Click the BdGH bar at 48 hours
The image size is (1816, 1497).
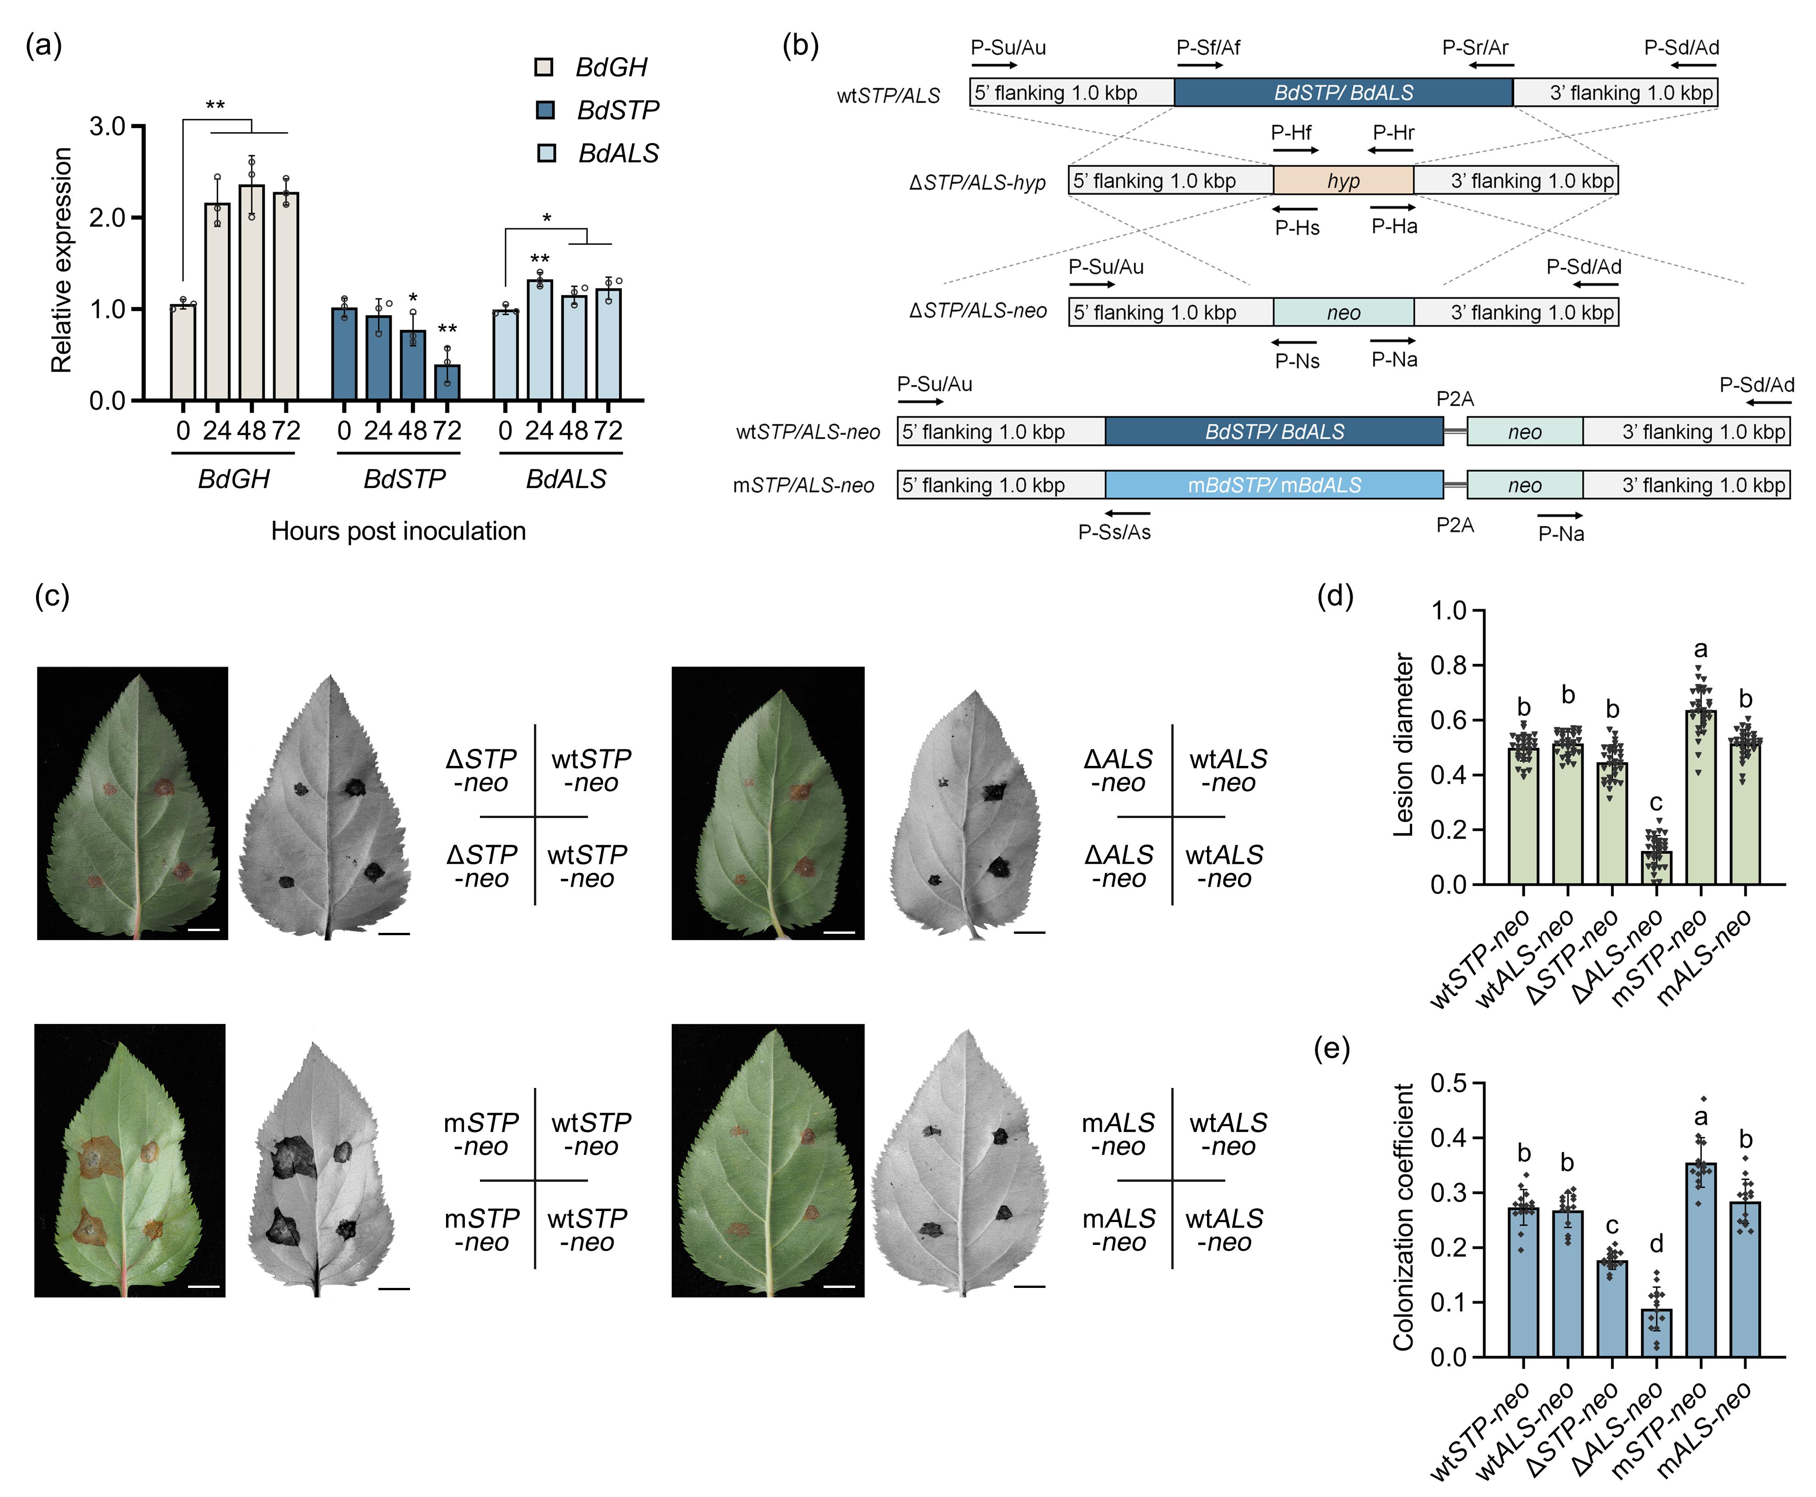[252, 293]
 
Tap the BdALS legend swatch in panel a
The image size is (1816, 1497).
[546, 153]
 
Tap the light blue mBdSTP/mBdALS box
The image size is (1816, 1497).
[1274, 485]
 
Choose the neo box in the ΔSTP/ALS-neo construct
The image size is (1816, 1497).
[1342, 312]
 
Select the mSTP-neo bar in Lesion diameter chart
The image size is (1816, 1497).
[1700, 797]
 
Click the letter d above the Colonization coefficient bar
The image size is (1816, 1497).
[1655, 1244]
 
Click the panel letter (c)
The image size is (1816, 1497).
[52, 596]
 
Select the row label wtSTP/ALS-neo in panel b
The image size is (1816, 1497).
[807, 432]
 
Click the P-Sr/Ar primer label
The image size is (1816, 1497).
[1476, 48]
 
